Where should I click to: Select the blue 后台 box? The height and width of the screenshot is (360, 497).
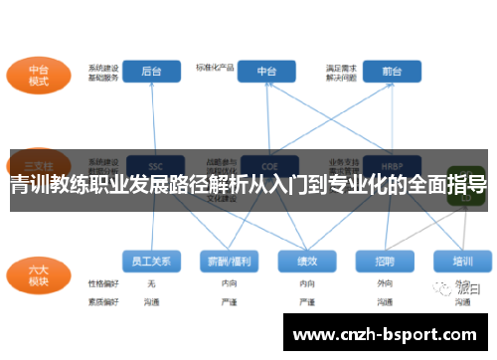pyautogui.click(x=153, y=72)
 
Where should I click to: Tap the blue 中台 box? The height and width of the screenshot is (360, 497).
pyautogui.click(x=266, y=72)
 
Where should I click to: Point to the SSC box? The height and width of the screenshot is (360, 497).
pyautogui.click(x=153, y=165)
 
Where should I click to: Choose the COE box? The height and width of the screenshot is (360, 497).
pyautogui.click(x=266, y=165)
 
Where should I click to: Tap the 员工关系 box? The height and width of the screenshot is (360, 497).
pyautogui.click(x=151, y=262)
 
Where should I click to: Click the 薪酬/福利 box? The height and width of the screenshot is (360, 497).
pyautogui.click(x=230, y=262)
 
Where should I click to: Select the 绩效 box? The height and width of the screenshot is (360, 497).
pyautogui.click(x=307, y=262)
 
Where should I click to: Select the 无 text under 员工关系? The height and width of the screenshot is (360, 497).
pyautogui.click(x=151, y=283)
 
